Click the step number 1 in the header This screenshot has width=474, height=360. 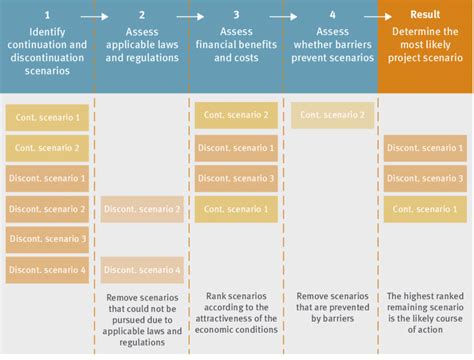pyautogui.click(x=47, y=15)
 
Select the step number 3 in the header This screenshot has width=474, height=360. pyautogui.click(x=236, y=15)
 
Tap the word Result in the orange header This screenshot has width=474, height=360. pyautogui.click(x=425, y=15)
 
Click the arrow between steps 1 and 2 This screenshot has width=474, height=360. pyautogui.click(x=94, y=15)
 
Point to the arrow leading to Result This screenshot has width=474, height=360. pyautogui.click(x=378, y=15)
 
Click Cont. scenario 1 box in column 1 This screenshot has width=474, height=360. pyautogui.click(x=47, y=118)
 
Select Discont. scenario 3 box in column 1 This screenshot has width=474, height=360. pyautogui.click(x=47, y=239)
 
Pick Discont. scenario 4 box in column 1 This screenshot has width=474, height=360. pyautogui.click(x=47, y=270)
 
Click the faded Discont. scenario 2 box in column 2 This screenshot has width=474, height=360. pyautogui.click(x=142, y=209)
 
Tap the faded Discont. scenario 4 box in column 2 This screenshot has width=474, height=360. pyautogui.click(x=142, y=270)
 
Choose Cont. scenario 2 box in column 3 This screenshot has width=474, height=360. pyautogui.click(x=236, y=115)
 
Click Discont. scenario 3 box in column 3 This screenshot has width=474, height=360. pyautogui.click(x=236, y=179)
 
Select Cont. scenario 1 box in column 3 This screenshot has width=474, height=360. pyautogui.click(x=236, y=209)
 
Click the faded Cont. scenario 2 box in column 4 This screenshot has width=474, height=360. pyautogui.click(x=332, y=115)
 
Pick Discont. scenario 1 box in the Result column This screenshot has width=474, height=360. pyautogui.click(x=425, y=148)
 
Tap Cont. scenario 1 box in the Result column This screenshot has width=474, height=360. pyautogui.click(x=425, y=209)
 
